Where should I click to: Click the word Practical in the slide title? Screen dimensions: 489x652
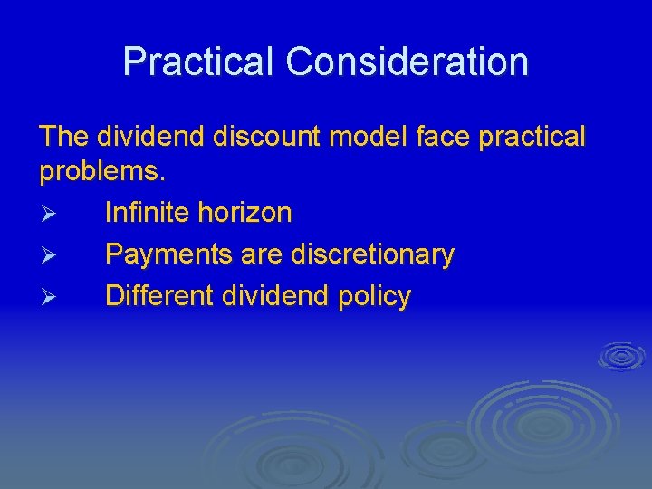[x=198, y=62]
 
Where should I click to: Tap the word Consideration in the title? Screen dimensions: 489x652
[x=407, y=62]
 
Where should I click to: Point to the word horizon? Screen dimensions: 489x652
[x=250, y=213]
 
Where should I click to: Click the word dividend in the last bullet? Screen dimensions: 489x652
[x=273, y=296]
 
